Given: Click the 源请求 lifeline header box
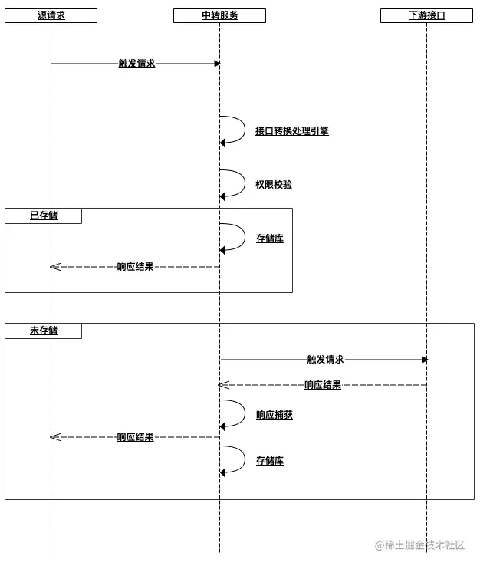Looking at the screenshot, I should coord(51,15).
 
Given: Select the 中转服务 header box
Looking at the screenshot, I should coord(219,15).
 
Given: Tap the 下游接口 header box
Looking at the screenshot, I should coord(426,15).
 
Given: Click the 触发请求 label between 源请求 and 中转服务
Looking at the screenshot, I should coord(136,64).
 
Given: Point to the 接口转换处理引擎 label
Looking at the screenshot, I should coord(291,131).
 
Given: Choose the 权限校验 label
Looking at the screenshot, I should coord(273,185).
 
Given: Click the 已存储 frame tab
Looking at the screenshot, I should coord(43,216).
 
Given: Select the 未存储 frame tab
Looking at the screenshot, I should coord(43,331).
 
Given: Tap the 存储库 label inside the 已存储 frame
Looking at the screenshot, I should coord(269,239).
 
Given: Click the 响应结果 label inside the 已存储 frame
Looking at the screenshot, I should coord(135,267).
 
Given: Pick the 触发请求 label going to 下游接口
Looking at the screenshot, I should coord(325,360).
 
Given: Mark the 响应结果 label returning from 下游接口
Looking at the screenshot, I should coord(322,385).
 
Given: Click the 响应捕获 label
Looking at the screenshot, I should coord(274,415).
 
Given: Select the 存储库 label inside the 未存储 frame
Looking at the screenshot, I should coord(269,461).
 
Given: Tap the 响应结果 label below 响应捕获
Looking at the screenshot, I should coord(135,437).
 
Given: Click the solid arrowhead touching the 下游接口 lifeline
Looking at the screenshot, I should coord(424,360).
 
